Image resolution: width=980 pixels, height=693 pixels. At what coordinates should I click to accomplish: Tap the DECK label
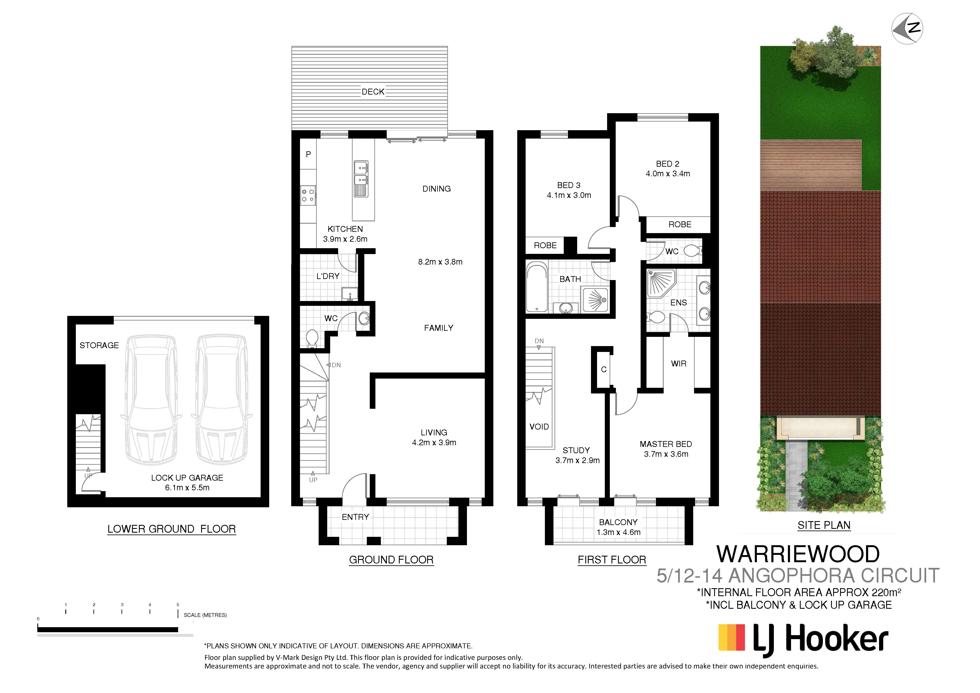tap(373, 92)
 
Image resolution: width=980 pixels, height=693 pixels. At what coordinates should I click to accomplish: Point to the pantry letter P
tap(308, 154)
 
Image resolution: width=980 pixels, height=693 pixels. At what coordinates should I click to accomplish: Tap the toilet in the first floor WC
tap(692, 251)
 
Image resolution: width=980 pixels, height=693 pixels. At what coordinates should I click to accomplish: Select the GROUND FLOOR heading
tap(391, 560)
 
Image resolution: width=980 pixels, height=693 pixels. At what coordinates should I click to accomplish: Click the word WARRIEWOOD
tap(798, 554)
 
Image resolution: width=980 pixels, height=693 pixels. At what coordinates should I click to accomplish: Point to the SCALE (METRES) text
tap(205, 615)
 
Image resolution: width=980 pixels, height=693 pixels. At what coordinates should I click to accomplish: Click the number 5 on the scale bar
tap(178, 605)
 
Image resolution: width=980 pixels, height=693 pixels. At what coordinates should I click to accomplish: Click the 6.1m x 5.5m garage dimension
tap(187, 488)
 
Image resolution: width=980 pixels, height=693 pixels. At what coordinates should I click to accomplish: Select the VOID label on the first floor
tap(539, 427)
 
